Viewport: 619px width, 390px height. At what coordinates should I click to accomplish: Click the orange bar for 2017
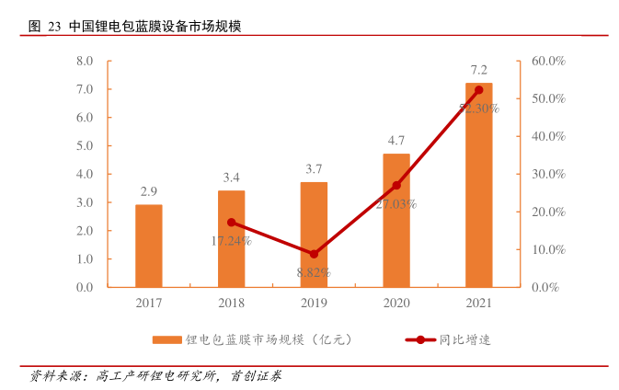[x=149, y=246]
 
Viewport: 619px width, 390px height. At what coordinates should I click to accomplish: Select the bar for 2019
[x=314, y=235]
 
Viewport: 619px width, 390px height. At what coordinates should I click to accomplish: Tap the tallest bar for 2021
[x=478, y=184]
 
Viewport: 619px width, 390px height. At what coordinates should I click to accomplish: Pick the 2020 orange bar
[x=396, y=221]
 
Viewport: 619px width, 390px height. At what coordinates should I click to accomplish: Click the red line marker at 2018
[x=232, y=223]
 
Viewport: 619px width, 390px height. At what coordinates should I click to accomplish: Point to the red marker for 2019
[x=314, y=254]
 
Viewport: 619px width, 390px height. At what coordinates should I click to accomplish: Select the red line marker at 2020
[x=396, y=186]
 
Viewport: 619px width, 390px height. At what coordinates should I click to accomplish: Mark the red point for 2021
[x=478, y=90]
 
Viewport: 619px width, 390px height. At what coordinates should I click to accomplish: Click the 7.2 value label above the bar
[x=478, y=70]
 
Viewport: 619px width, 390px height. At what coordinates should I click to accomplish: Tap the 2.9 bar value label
[x=149, y=192]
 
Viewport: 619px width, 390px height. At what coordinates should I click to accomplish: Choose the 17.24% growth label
[x=231, y=241]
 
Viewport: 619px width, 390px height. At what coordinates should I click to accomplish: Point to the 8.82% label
[x=314, y=272]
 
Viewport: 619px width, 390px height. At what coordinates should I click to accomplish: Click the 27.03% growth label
[x=396, y=204]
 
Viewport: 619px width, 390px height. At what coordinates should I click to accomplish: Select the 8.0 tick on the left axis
[x=85, y=61]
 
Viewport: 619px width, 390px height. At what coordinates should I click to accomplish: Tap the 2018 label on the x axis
[x=232, y=304]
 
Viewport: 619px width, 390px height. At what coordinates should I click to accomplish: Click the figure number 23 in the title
[x=53, y=27]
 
